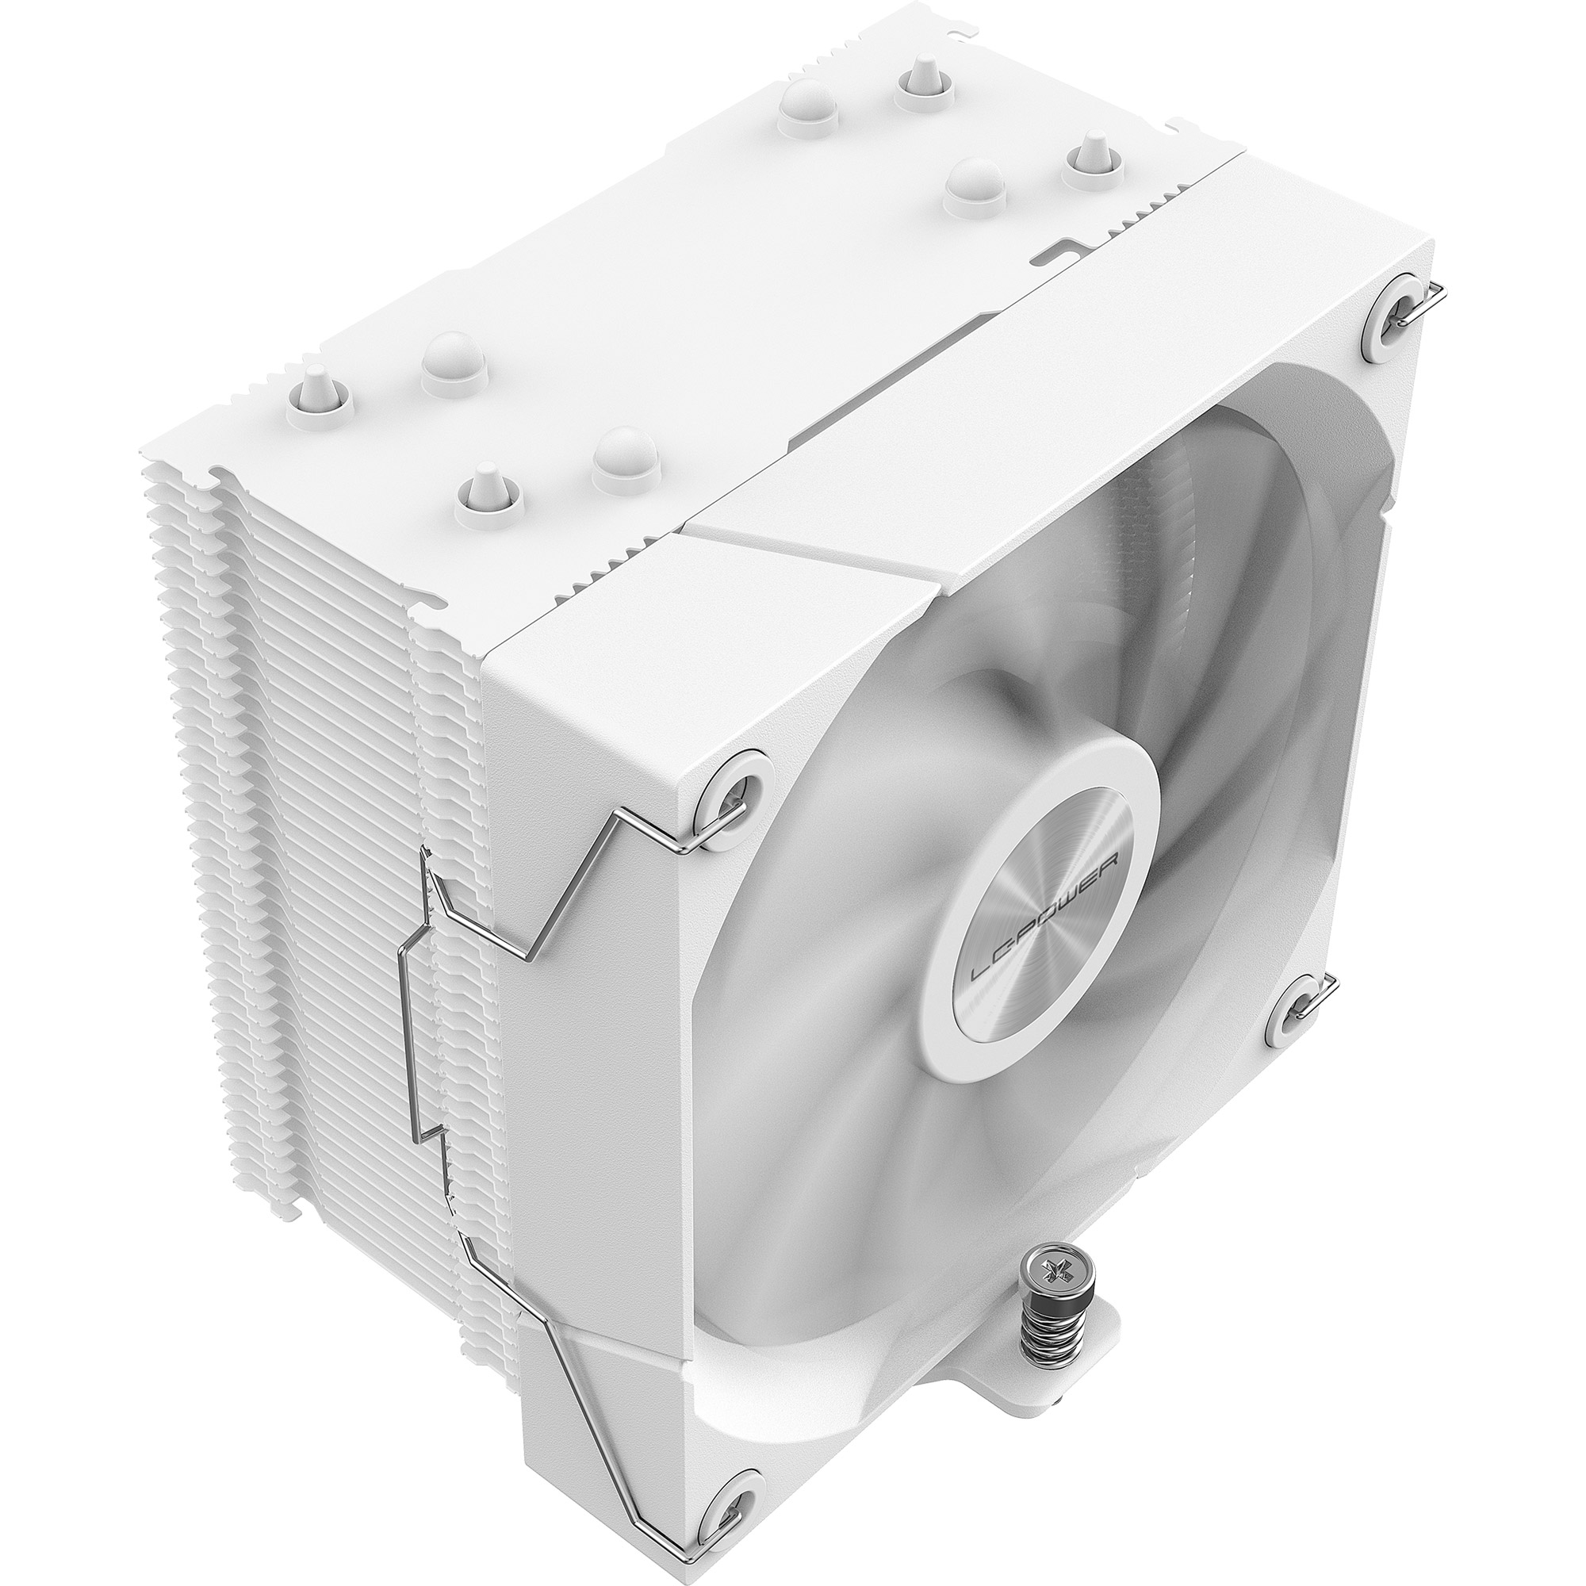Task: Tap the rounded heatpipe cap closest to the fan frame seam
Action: coord(625,456)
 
